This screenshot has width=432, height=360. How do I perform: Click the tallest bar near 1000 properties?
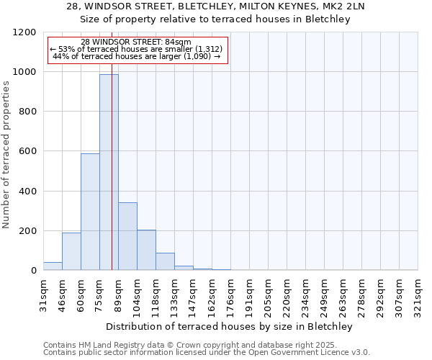[x=109, y=172]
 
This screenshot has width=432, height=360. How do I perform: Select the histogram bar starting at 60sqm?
[x=90, y=212]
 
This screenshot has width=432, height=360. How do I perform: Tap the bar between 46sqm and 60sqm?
[x=71, y=251]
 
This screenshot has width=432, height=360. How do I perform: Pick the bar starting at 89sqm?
[x=127, y=236]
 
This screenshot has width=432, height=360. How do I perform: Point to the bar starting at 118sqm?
[x=165, y=261]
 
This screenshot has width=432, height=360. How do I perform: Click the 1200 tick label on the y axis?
[x=24, y=32]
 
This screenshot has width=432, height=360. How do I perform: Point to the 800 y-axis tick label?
[x=27, y=112]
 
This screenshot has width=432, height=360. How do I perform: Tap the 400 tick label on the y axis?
[x=27, y=192]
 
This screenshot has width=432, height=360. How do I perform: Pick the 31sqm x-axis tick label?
[x=43, y=295]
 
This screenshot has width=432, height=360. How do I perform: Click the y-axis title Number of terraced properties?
[x=7, y=155]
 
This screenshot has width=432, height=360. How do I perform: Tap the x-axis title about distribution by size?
[x=230, y=326]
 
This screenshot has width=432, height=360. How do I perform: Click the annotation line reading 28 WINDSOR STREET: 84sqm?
[x=136, y=42]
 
